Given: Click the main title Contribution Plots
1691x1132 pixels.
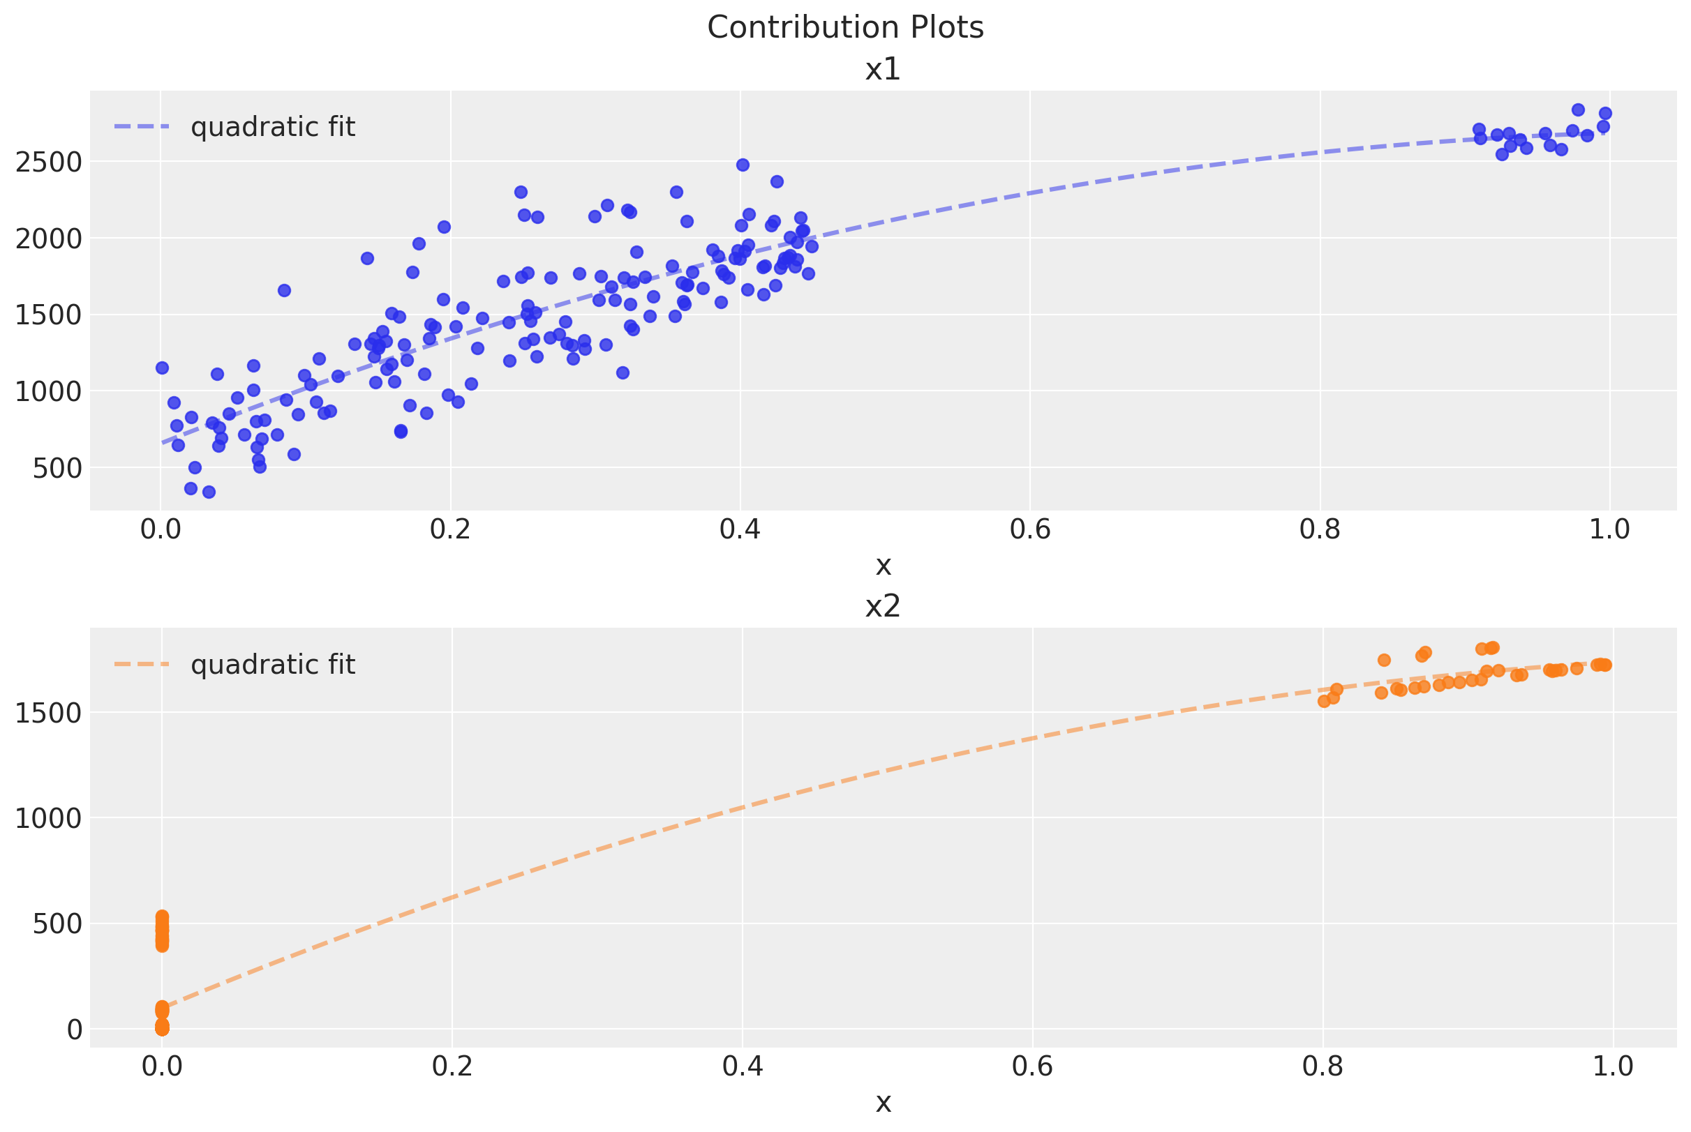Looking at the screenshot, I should (x=845, y=28).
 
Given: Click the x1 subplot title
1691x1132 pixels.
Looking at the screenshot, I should (x=883, y=70).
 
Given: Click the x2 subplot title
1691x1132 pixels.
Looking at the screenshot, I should (x=883, y=607).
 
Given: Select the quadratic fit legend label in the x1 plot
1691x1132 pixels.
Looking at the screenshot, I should (x=272, y=127).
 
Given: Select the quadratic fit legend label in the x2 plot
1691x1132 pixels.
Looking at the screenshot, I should (x=272, y=665).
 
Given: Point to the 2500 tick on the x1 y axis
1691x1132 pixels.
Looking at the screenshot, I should (x=48, y=162).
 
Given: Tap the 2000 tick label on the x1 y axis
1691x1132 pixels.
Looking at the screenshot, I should (x=48, y=239).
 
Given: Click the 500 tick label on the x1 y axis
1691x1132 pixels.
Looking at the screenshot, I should (x=57, y=469).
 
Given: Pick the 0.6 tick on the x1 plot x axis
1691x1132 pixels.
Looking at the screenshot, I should (x=1029, y=529).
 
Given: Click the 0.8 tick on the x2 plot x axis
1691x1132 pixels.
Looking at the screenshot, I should (x=1322, y=1066).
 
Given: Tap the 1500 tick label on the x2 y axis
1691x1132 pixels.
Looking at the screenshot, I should (x=48, y=714).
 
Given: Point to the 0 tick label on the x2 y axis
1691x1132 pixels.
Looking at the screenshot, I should (x=75, y=1029).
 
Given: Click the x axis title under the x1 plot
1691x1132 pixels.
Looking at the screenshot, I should (x=883, y=566).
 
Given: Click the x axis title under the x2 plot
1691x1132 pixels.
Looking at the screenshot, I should (x=883, y=1103).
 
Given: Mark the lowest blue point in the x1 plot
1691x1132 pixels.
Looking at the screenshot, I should (x=209, y=492).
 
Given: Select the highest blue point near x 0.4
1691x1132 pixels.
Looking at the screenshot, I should (x=743, y=165).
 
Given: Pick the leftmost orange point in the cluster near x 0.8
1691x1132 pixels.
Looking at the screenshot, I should (x=1324, y=702).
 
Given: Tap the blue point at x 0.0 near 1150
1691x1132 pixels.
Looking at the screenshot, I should (x=162, y=368).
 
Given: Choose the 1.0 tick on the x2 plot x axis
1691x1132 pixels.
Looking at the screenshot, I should (x=1612, y=1066).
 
